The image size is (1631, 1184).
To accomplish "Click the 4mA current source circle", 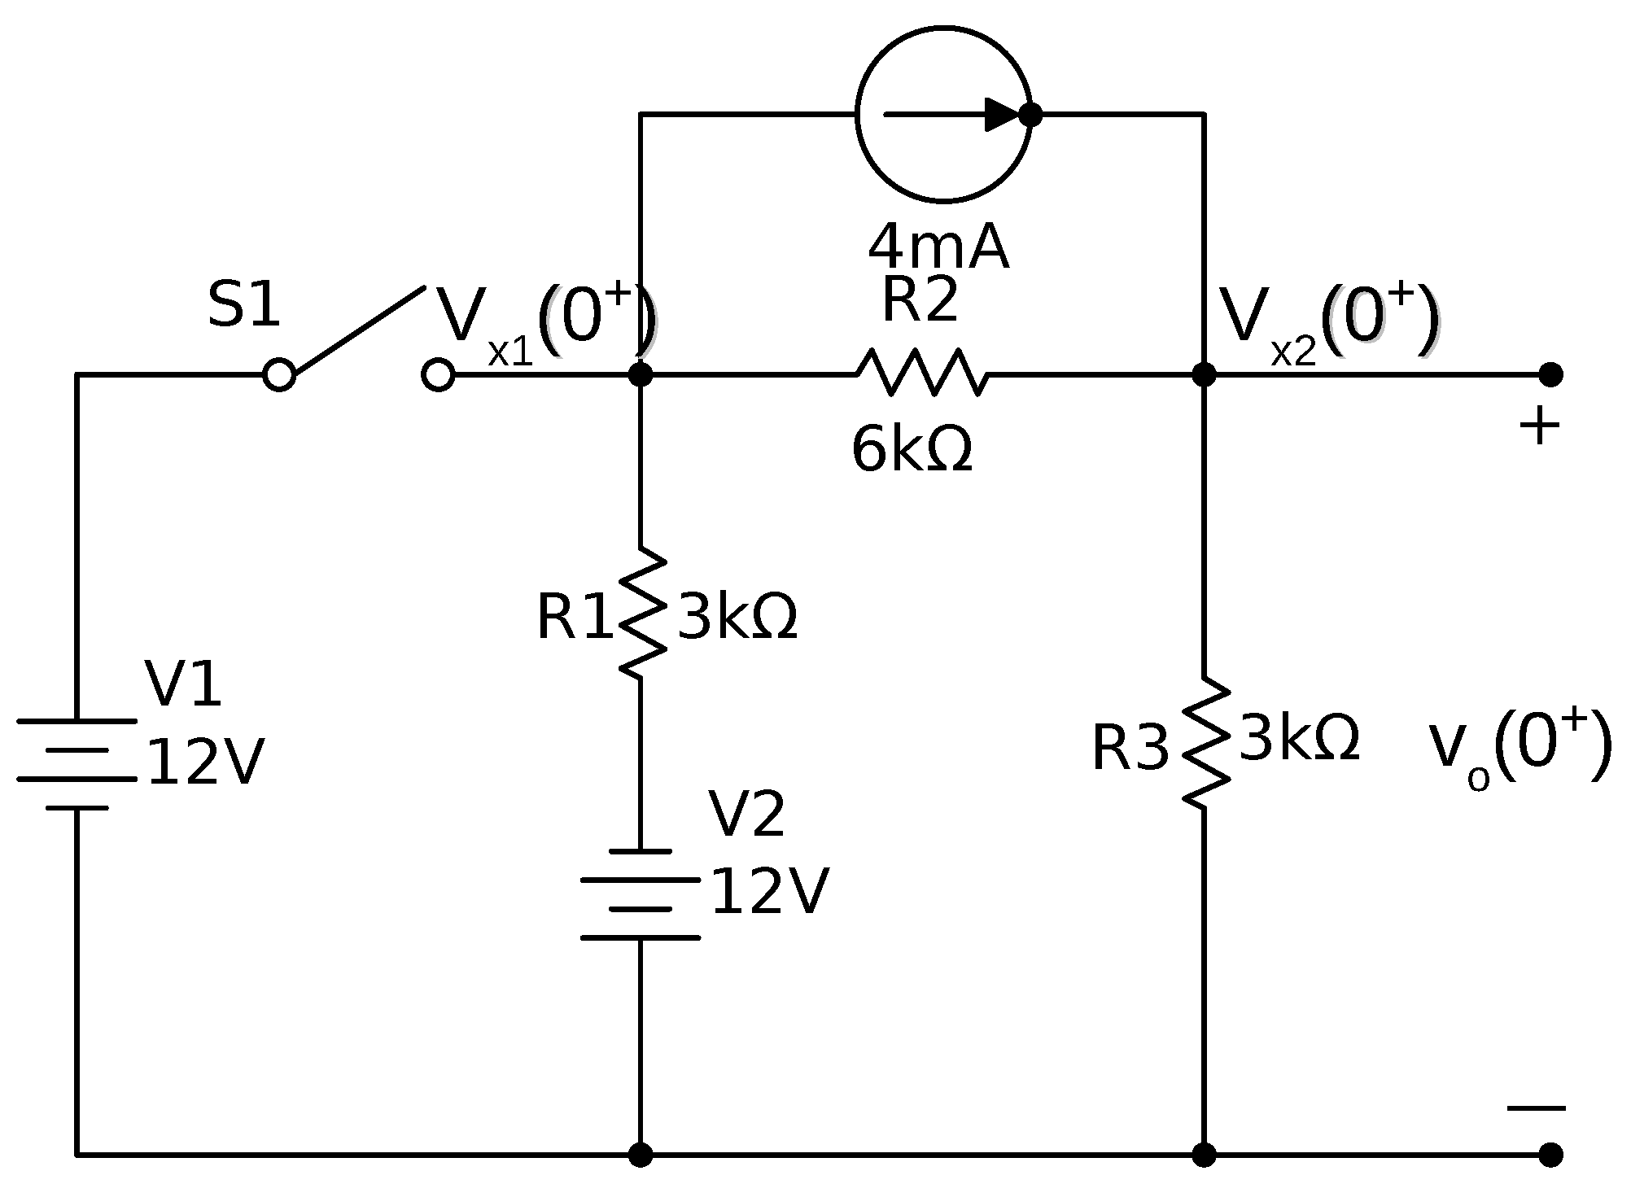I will pos(943,114).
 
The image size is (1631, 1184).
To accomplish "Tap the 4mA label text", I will pos(938,247).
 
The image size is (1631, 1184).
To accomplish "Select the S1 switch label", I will pos(244,305).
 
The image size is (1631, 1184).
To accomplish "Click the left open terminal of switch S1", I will pos(279,375).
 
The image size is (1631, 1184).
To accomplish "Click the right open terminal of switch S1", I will pos(438,375).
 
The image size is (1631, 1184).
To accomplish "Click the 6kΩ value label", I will pos(912,450).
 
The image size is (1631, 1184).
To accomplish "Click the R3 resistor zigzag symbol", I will pos(1205,743).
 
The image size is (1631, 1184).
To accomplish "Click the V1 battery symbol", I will pos(77,764).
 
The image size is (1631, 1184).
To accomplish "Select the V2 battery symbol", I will pos(641,894).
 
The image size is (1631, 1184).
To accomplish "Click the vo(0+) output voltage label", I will pos(1519,747).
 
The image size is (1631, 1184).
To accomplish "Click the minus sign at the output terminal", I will pos(1536,1108).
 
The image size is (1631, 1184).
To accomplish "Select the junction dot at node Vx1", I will pos(641,375).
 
